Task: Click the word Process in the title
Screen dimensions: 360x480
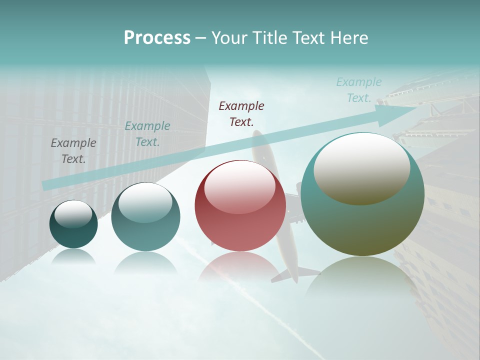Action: click(157, 38)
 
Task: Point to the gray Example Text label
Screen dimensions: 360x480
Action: click(73, 151)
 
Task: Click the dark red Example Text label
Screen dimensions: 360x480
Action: click(241, 114)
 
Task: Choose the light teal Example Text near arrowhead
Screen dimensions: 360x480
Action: click(358, 90)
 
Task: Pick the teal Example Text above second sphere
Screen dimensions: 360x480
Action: click(147, 134)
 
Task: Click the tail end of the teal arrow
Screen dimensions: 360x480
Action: click(46, 185)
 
